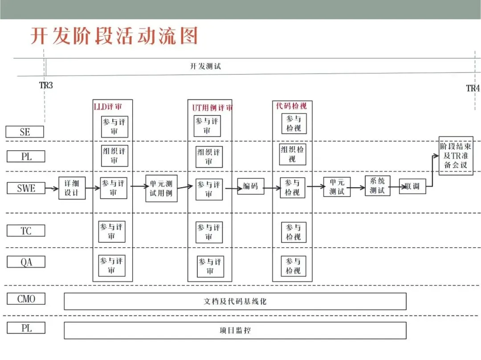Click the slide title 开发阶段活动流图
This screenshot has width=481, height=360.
pos(114,36)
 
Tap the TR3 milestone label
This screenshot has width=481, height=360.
pos(46,85)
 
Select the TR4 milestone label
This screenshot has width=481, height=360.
pos(473,88)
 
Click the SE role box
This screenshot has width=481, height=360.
pos(25,132)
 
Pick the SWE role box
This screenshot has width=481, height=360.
pos(26,188)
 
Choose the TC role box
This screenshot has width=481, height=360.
pos(26,230)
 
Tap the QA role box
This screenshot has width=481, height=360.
pos(26,262)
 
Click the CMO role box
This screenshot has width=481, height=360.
pos(26,299)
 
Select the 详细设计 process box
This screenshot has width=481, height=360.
pos(72,188)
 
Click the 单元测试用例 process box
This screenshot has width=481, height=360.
pos(161,188)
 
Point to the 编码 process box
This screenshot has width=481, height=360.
pos(250,186)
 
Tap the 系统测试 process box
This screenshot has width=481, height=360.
pos(377,186)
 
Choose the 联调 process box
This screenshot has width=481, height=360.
pos(412,186)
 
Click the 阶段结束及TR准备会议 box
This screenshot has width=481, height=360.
pos(456,155)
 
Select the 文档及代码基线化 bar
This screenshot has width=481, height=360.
pos(235,301)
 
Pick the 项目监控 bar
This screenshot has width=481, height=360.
pos(235,331)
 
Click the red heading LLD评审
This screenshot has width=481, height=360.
pos(107,106)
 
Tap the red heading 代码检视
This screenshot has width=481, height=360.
pos(291,106)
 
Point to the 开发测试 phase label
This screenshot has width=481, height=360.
pos(205,66)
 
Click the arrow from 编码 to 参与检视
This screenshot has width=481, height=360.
pos(272,188)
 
